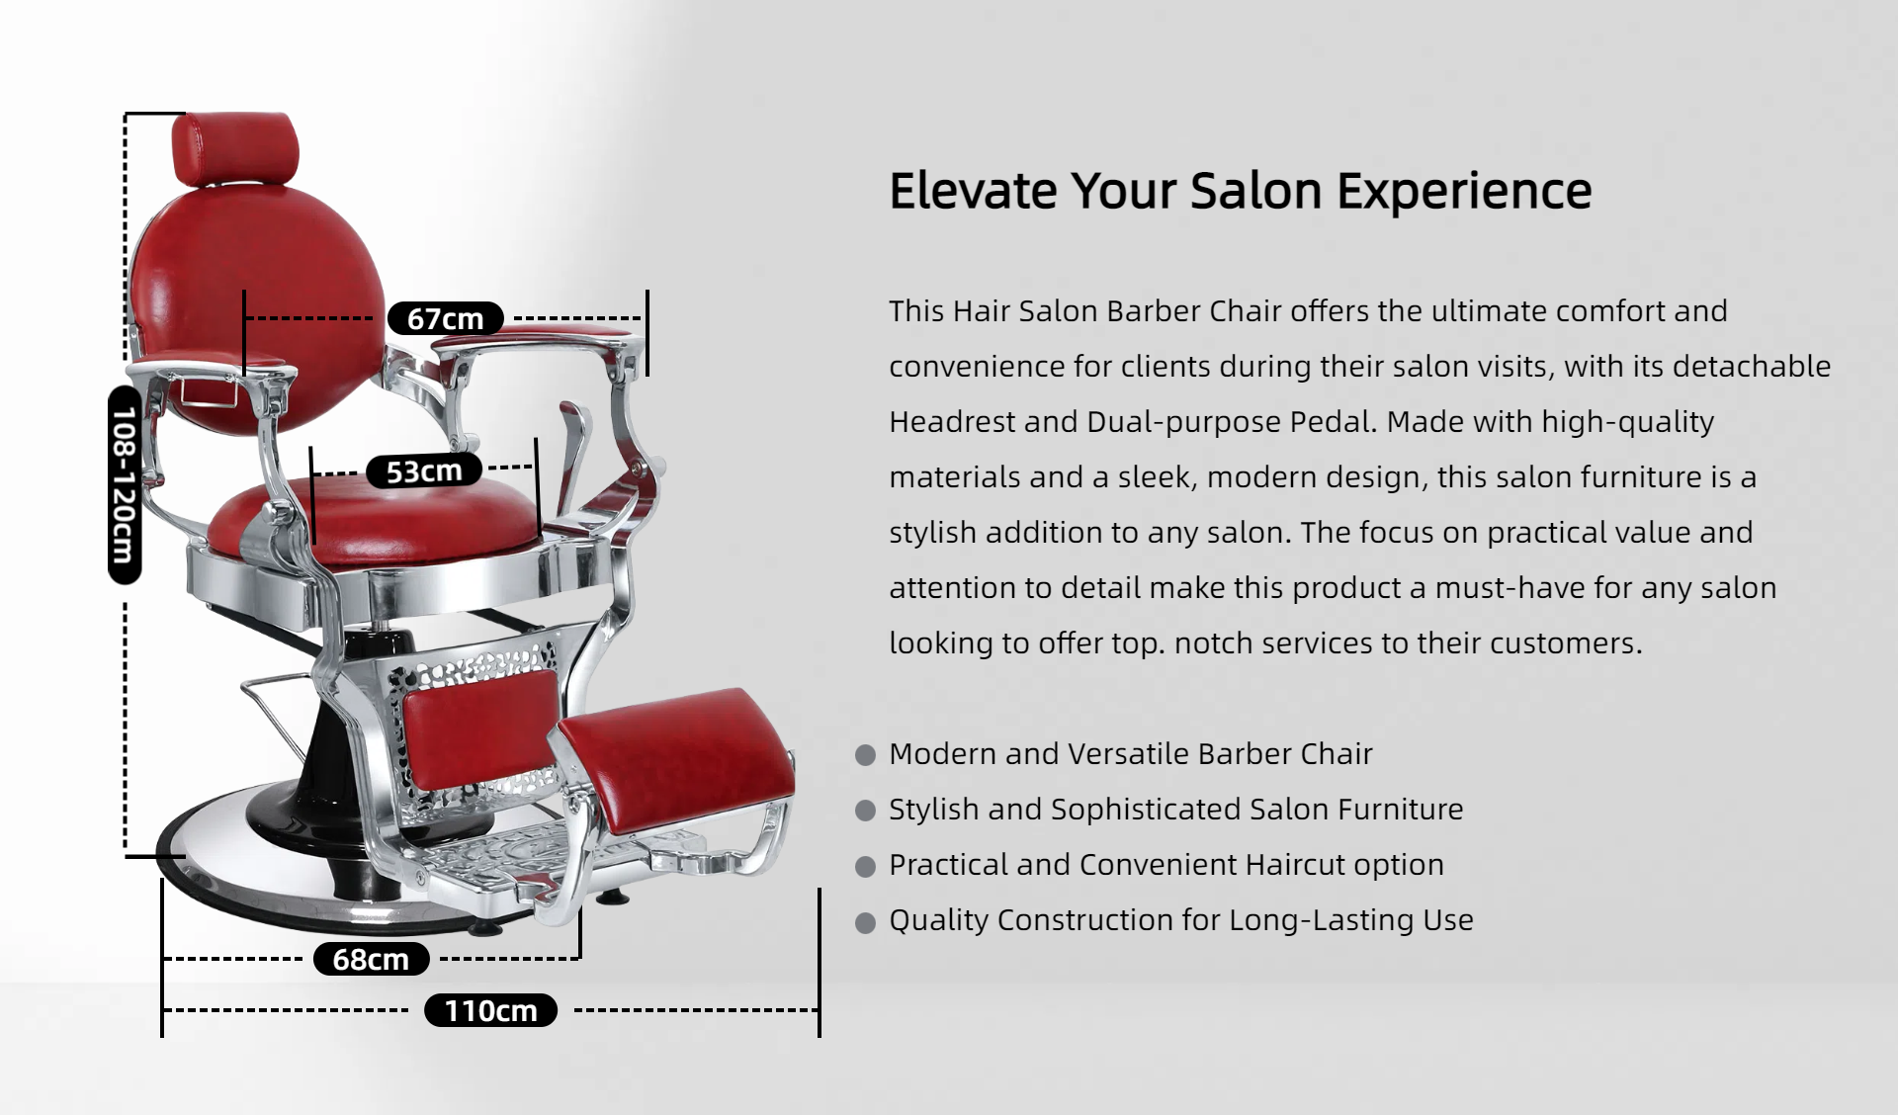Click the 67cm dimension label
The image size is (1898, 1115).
pos(446,318)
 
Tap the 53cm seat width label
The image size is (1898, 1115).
pos(424,471)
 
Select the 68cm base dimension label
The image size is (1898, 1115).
pos(371,959)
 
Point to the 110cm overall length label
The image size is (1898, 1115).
pos(490,1010)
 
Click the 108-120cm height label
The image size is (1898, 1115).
pos(125,484)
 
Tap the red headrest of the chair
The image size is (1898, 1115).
pos(235,148)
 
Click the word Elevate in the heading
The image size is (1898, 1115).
pos(973,191)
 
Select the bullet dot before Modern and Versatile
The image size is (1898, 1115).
pos(866,755)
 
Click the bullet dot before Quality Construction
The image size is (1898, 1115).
pos(866,922)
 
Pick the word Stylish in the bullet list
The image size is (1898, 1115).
pos(933,810)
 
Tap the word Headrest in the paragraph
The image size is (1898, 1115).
pos(952,422)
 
